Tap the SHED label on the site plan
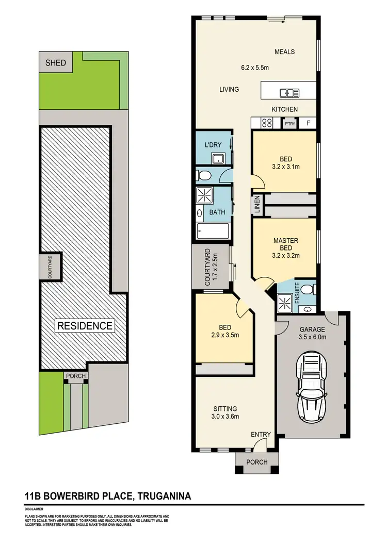coord(56,63)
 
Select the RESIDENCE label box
coord(85,326)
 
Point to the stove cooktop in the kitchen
coord(267,123)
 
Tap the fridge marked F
coord(309,123)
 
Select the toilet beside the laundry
coord(204,175)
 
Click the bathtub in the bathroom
coord(214,231)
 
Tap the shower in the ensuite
coord(284,301)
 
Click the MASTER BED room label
coord(285,244)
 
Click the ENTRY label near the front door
coord(261,435)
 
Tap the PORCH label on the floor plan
coord(256,462)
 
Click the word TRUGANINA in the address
coord(164,496)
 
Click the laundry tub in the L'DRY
coord(219,158)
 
